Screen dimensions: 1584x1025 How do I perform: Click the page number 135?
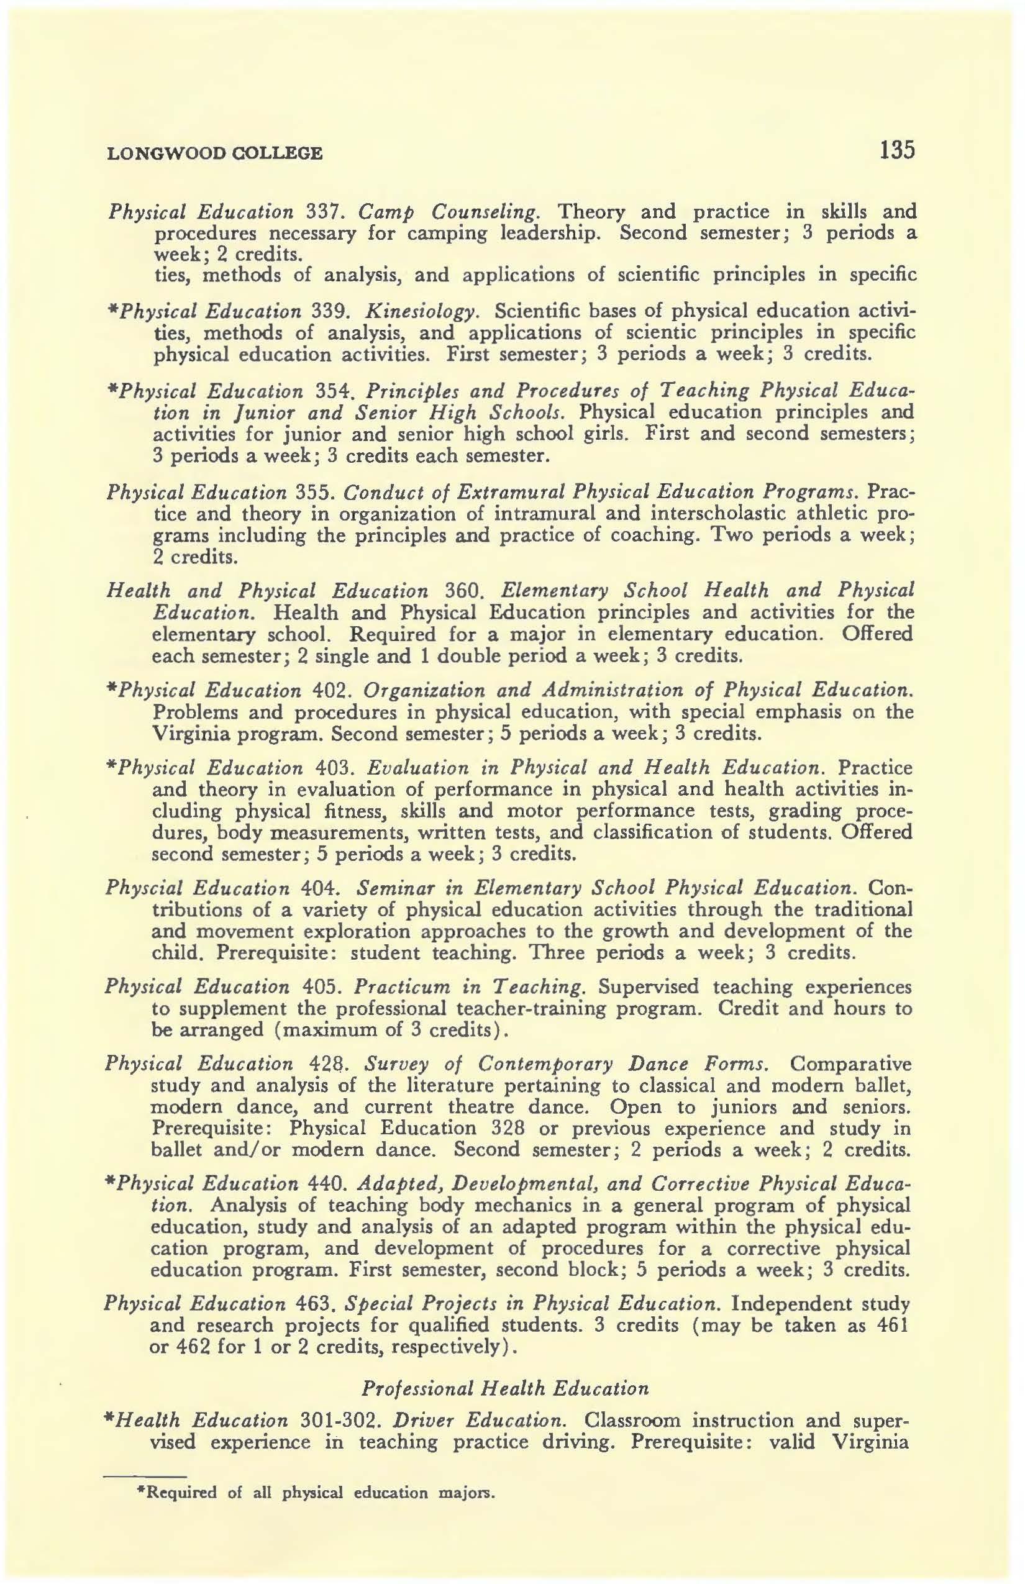pyautogui.click(x=896, y=150)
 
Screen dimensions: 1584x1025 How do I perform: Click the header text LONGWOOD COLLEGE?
pyautogui.click(x=214, y=154)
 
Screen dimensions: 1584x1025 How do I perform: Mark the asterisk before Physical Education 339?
pyautogui.click(x=111, y=310)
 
